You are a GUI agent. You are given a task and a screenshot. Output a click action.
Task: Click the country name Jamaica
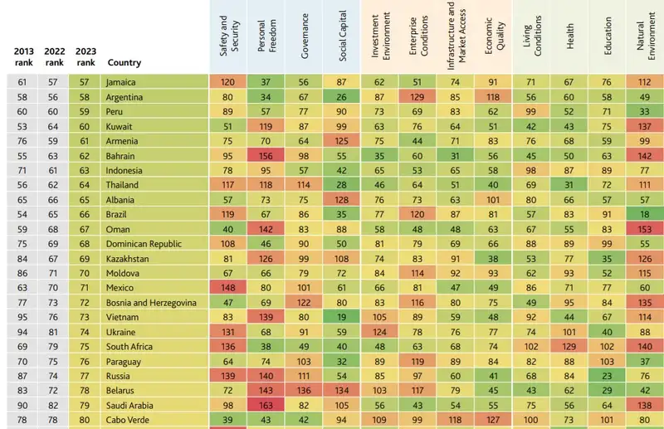121,82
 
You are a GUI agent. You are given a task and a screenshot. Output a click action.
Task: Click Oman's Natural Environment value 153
644,228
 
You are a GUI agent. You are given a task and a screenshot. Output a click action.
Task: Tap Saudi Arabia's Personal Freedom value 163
264,404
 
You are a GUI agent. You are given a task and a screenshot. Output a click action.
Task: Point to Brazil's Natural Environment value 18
644,214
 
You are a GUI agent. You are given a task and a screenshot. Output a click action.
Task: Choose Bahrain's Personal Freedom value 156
264,155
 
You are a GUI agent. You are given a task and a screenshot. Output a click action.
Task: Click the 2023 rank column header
85,56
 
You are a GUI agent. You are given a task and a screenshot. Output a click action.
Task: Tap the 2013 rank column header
24,56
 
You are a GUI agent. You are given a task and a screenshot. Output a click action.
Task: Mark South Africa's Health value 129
569,346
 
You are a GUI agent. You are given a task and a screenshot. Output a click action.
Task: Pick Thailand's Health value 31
569,184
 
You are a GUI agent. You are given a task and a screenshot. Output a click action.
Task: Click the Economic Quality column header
494,38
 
